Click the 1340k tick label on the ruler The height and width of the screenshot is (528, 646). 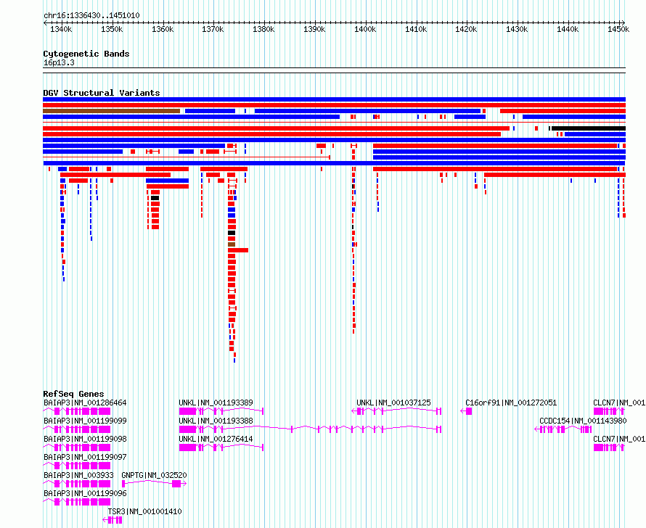(61, 29)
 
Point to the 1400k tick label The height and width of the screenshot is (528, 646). (365, 29)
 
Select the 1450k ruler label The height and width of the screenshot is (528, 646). (618, 29)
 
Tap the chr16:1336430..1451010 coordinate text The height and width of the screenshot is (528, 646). (91, 16)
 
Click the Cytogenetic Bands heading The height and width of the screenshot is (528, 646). (86, 54)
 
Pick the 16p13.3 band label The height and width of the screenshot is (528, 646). (59, 62)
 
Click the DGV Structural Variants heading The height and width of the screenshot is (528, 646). (102, 93)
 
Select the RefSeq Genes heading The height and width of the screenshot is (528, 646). (73, 393)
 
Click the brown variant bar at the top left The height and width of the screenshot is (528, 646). (111, 111)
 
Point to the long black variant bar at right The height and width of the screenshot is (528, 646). (589, 128)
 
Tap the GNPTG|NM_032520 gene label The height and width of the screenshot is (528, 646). (154, 475)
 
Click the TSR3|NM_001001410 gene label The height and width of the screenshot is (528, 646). (144, 511)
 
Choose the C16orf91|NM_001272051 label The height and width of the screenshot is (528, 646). (511, 403)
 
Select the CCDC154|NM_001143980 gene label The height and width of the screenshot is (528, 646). (583, 421)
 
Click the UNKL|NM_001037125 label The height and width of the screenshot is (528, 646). (393, 403)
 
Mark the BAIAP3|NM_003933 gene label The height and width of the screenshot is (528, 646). (78, 475)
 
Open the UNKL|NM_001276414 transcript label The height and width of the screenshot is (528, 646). (216, 439)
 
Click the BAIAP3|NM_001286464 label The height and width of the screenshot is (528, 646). (85, 403)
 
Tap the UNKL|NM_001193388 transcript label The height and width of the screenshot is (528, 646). (216, 421)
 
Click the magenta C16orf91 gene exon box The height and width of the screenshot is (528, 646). (469, 411)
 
